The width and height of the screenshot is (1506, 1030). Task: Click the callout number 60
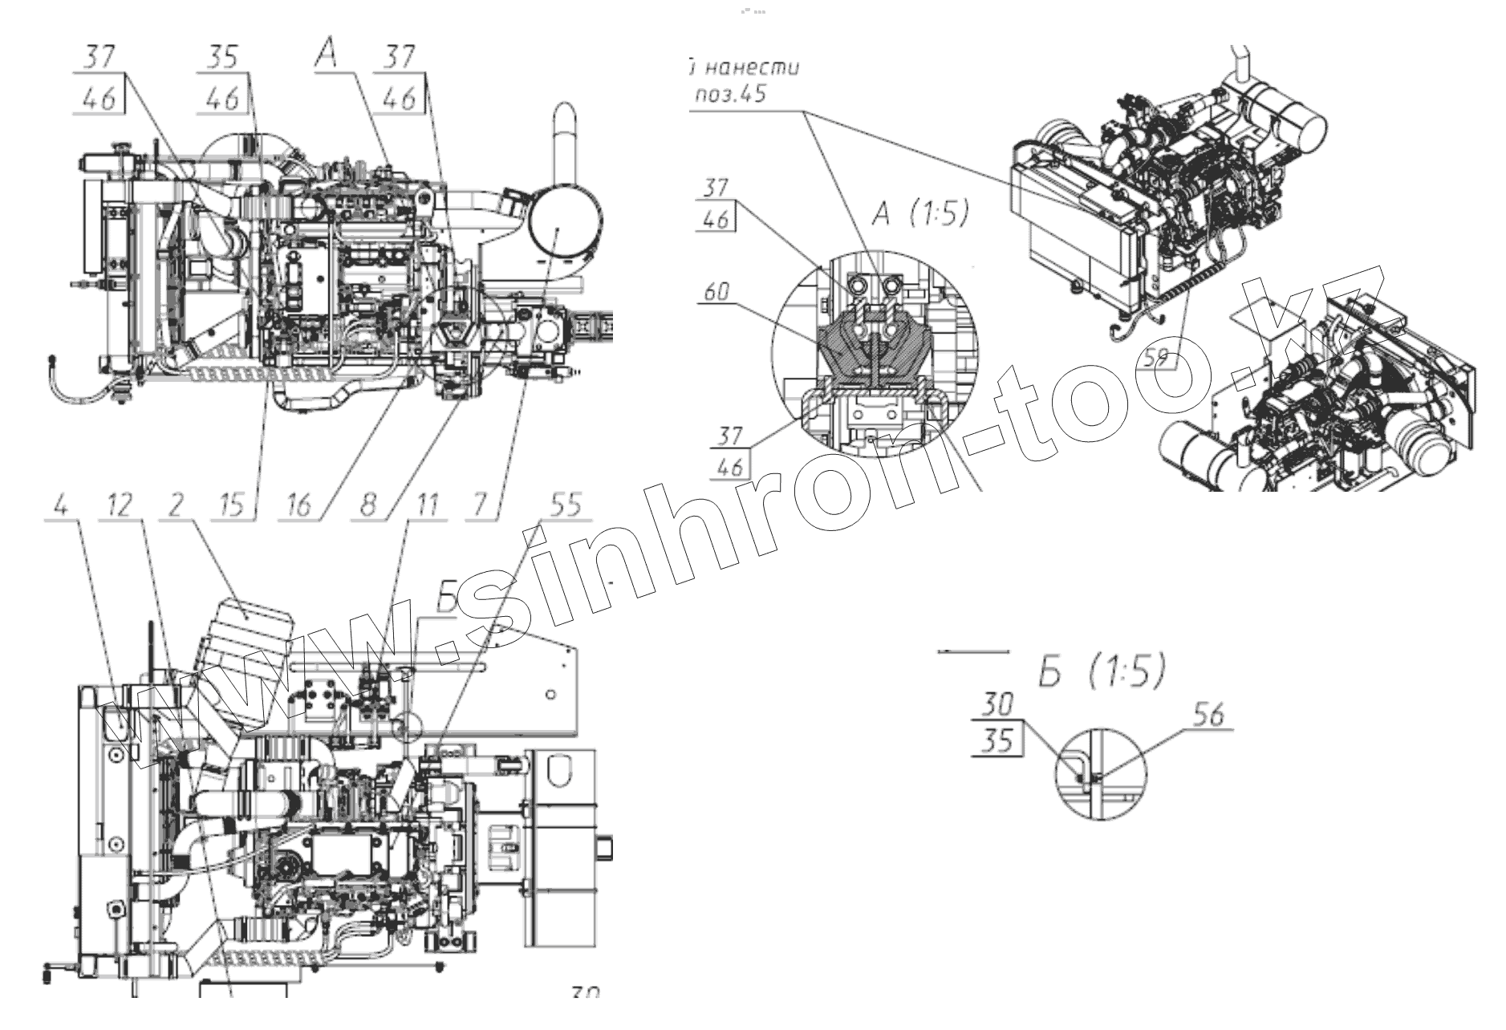coord(716,291)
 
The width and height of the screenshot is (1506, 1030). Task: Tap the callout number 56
coord(1209,715)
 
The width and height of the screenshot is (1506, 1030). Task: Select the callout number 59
coord(1155,358)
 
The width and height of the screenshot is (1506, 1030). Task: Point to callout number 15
coord(233,505)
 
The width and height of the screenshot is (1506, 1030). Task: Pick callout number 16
coord(298,505)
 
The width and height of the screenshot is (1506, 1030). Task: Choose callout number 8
coord(367,505)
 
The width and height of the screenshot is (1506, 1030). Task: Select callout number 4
coord(61,505)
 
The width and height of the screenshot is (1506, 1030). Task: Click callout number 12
coord(118,505)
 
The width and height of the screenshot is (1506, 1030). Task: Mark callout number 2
coord(177,505)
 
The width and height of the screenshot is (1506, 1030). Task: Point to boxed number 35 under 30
coord(997,740)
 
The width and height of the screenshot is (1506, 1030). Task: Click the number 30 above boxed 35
coord(997,706)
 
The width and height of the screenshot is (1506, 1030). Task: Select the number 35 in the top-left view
coord(222,58)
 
